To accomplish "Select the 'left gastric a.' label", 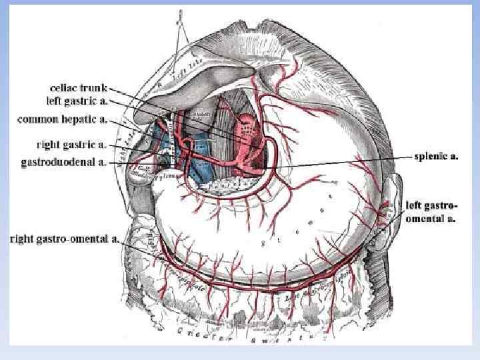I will (x=77, y=101).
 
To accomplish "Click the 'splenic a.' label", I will (x=436, y=157).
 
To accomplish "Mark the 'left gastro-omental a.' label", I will (x=431, y=211).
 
